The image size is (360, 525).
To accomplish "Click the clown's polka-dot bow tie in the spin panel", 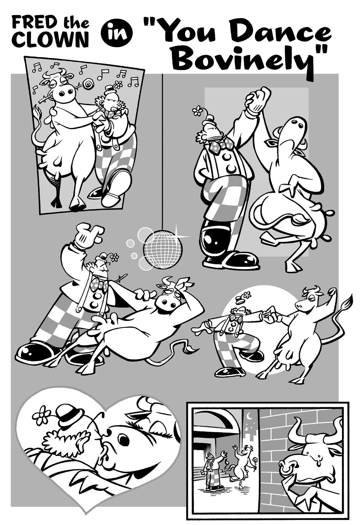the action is tap(219, 145).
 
